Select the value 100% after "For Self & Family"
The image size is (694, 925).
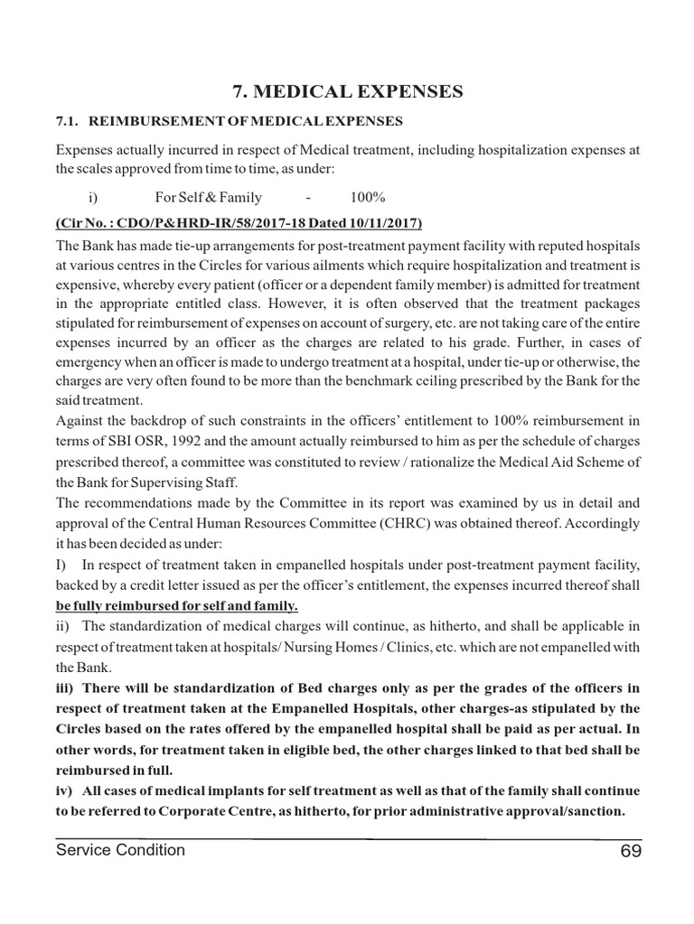click(368, 197)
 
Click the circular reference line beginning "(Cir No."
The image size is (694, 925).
click(239, 222)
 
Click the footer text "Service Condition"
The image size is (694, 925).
click(120, 850)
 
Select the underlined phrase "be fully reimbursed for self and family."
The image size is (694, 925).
click(176, 605)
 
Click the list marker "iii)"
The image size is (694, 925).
click(67, 688)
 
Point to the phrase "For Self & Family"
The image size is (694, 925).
click(209, 197)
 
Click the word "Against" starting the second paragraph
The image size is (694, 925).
click(79, 421)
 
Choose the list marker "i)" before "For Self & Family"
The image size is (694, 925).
click(91, 197)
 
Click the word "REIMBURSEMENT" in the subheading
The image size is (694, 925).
click(150, 120)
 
